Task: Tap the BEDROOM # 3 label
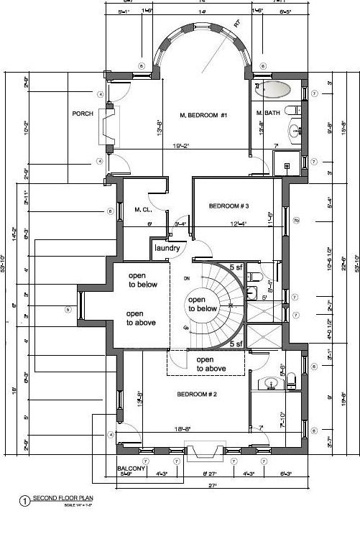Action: (229, 206)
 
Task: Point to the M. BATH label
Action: (267, 114)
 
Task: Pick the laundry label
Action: (166, 249)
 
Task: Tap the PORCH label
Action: (83, 114)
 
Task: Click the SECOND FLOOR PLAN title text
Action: (63, 498)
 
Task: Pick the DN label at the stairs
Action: (185, 278)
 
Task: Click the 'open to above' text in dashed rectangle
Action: (211, 364)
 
